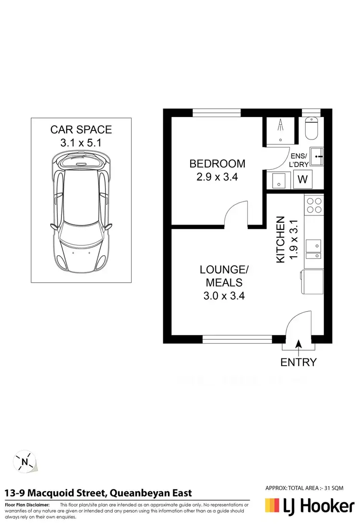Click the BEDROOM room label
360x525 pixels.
[x=217, y=164]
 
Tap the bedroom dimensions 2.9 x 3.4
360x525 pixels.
[x=217, y=177]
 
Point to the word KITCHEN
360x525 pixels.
[x=281, y=239]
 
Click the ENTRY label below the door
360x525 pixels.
[x=298, y=362]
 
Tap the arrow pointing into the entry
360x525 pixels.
[x=298, y=345]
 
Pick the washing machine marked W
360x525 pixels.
[x=303, y=180]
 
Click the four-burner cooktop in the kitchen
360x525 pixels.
[x=314, y=205]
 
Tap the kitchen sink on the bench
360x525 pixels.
[x=314, y=246]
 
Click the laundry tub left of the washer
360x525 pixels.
[x=279, y=180]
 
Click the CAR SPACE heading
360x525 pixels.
[x=81, y=130]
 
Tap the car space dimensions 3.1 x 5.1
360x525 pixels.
[x=81, y=143]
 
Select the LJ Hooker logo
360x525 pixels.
[x=310, y=506]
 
